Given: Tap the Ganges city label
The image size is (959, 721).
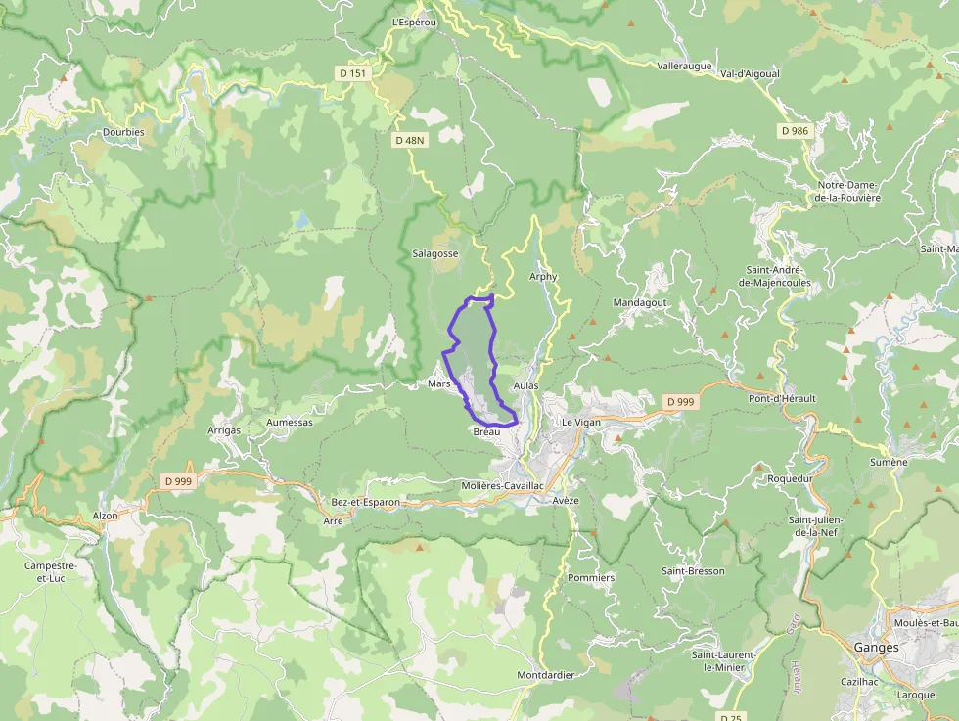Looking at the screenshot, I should click(x=876, y=647).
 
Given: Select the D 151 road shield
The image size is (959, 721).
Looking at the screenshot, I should click(x=353, y=73).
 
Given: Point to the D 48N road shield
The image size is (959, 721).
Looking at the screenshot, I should click(x=410, y=140).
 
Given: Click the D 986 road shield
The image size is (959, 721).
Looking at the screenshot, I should click(x=795, y=130).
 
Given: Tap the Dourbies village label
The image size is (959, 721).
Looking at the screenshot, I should click(x=123, y=132).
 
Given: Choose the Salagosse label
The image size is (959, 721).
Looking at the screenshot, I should click(x=435, y=253).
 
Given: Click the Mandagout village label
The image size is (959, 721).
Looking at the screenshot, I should click(x=640, y=303).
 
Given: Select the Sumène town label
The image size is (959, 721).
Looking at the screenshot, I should click(x=890, y=462).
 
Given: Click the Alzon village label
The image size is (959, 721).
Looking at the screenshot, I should click(x=105, y=516).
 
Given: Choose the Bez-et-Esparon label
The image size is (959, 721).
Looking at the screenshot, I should click(x=366, y=502).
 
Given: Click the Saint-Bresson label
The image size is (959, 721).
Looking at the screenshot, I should click(x=693, y=571).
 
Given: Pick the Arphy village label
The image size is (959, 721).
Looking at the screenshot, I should click(x=543, y=277).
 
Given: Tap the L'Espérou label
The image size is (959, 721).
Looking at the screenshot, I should click(x=411, y=22).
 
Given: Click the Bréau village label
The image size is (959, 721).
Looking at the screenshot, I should click(x=486, y=431).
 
